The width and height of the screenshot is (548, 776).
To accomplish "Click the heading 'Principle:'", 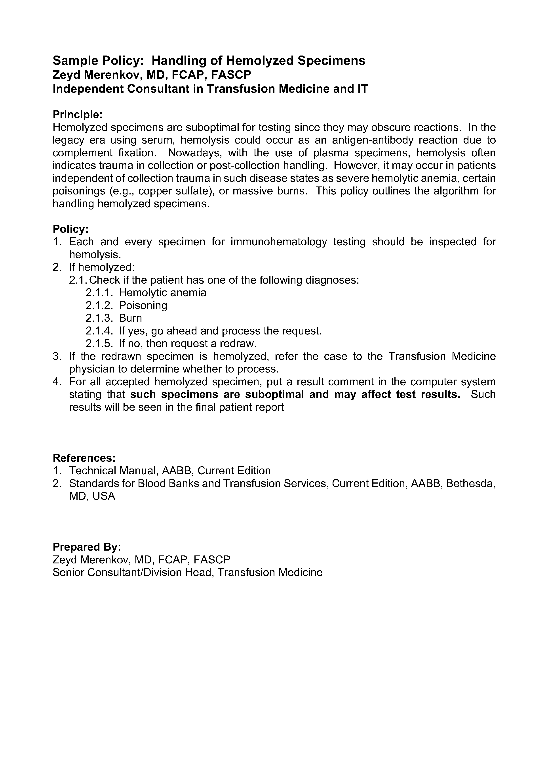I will coord(77,115).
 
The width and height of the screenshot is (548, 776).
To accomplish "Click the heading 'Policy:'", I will coord(70,229).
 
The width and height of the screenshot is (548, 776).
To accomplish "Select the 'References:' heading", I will coord(84,458).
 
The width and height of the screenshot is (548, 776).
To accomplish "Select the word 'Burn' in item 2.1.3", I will coord(130,318).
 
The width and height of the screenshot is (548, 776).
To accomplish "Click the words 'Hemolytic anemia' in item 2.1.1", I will coord(162,293).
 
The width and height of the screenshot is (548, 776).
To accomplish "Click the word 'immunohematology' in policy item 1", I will coord(279,242).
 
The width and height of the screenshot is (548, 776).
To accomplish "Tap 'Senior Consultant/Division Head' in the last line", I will coord(132,572).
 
